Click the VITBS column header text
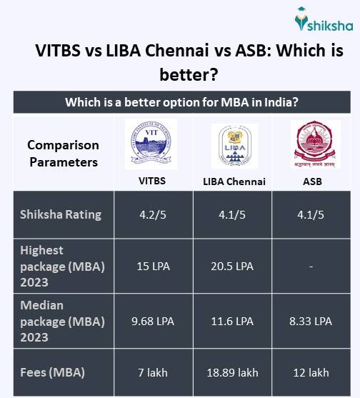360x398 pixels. click(152, 181)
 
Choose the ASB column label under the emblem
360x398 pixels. click(311, 181)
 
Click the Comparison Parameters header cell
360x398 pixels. click(63, 153)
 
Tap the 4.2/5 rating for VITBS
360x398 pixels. click(152, 214)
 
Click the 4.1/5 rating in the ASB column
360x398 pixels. click(311, 214)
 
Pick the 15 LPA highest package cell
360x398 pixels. click(152, 267)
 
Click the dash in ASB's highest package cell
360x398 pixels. click(311, 267)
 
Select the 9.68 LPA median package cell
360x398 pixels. click(152, 321)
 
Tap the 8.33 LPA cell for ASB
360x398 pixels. click(311, 321)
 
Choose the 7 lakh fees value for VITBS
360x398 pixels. click(152, 372)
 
